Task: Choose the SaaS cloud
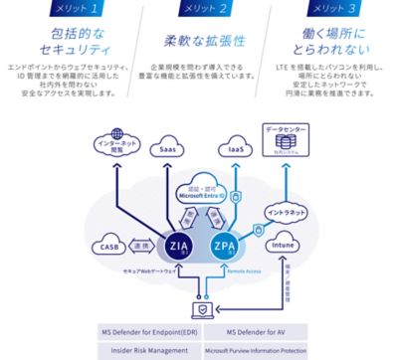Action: click(168, 150)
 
